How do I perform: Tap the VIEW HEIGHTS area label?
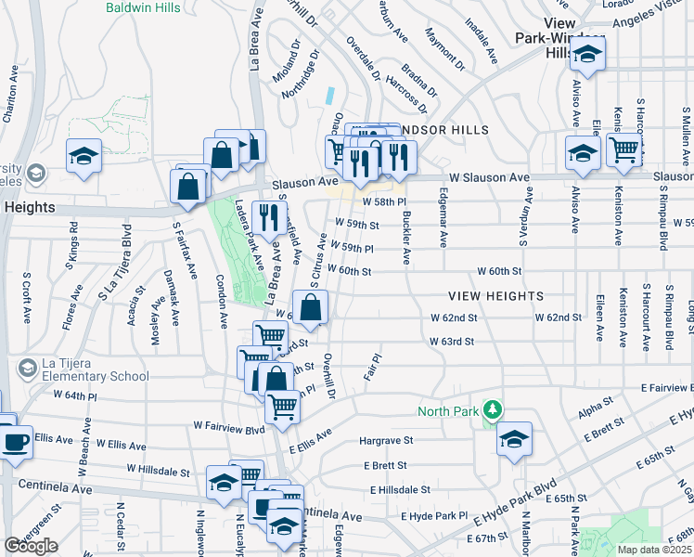pos(495,296)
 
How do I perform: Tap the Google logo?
pos(31,546)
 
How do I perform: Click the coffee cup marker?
pos(16,440)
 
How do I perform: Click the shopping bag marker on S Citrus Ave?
pos(311,306)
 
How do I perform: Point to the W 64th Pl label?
pos(75,395)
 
